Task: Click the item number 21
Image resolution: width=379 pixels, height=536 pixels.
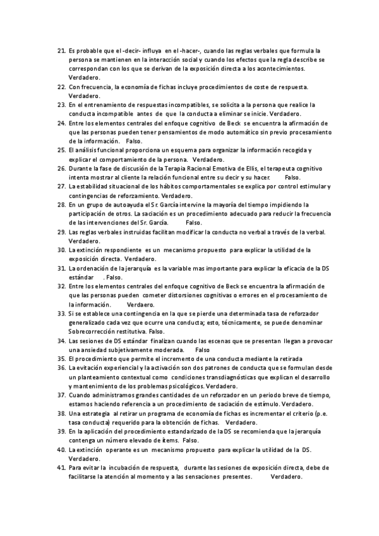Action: [61, 50]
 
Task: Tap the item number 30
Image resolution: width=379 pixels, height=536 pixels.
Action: [61, 250]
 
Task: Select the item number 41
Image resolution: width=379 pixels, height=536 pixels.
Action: [61, 468]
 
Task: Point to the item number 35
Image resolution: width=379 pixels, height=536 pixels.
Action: [61, 358]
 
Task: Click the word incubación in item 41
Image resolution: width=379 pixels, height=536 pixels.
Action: [150, 468]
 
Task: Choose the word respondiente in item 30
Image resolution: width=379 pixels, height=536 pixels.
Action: [111, 250]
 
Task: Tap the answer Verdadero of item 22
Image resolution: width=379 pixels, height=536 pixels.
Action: [85, 94]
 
